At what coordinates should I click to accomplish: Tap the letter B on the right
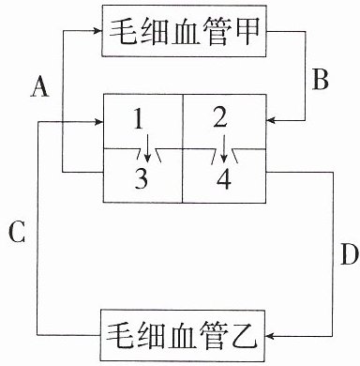click(x=320, y=79)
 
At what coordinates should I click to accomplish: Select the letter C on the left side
click(x=17, y=232)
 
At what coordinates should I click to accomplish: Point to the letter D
click(x=349, y=253)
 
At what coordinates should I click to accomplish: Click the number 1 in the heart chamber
click(x=139, y=119)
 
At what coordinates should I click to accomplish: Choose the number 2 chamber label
click(x=220, y=118)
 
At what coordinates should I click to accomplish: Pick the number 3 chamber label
click(x=142, y=178)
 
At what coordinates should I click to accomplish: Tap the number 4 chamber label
click(x=224, y=179)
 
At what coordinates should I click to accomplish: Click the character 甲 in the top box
click(x=245, y=31)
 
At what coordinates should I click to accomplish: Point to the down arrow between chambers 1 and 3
click(x=148, y=149)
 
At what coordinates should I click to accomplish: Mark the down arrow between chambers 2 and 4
click(x=223, y=149)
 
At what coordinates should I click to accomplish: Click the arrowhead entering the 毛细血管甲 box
click(x=98, y=31)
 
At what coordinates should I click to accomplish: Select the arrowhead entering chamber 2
click(x=270, y=120)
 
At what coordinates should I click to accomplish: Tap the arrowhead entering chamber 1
click(x=98, y=121)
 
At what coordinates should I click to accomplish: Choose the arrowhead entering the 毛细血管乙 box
click(x=269, y=336)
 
